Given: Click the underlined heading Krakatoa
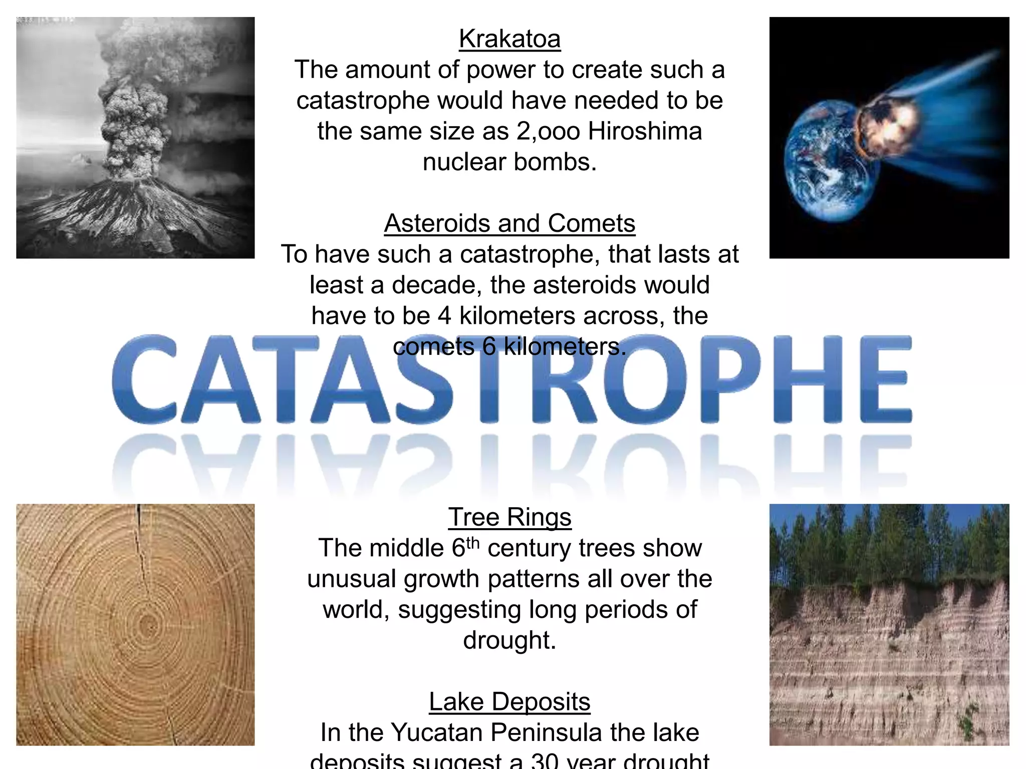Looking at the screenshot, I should click(x=509, y=39).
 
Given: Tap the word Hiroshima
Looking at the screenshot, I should click(x=645, y=132).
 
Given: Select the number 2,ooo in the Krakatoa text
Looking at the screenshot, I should click(x=548, y=132).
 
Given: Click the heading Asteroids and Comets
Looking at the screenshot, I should click(x=509, y=223).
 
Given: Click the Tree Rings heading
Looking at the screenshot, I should click(x=509, y=517).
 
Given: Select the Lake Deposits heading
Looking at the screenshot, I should click(x=509, y=702).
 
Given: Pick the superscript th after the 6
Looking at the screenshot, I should click(x=473, y=543).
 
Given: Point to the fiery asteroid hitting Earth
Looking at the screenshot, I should click(x=887, y=125).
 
